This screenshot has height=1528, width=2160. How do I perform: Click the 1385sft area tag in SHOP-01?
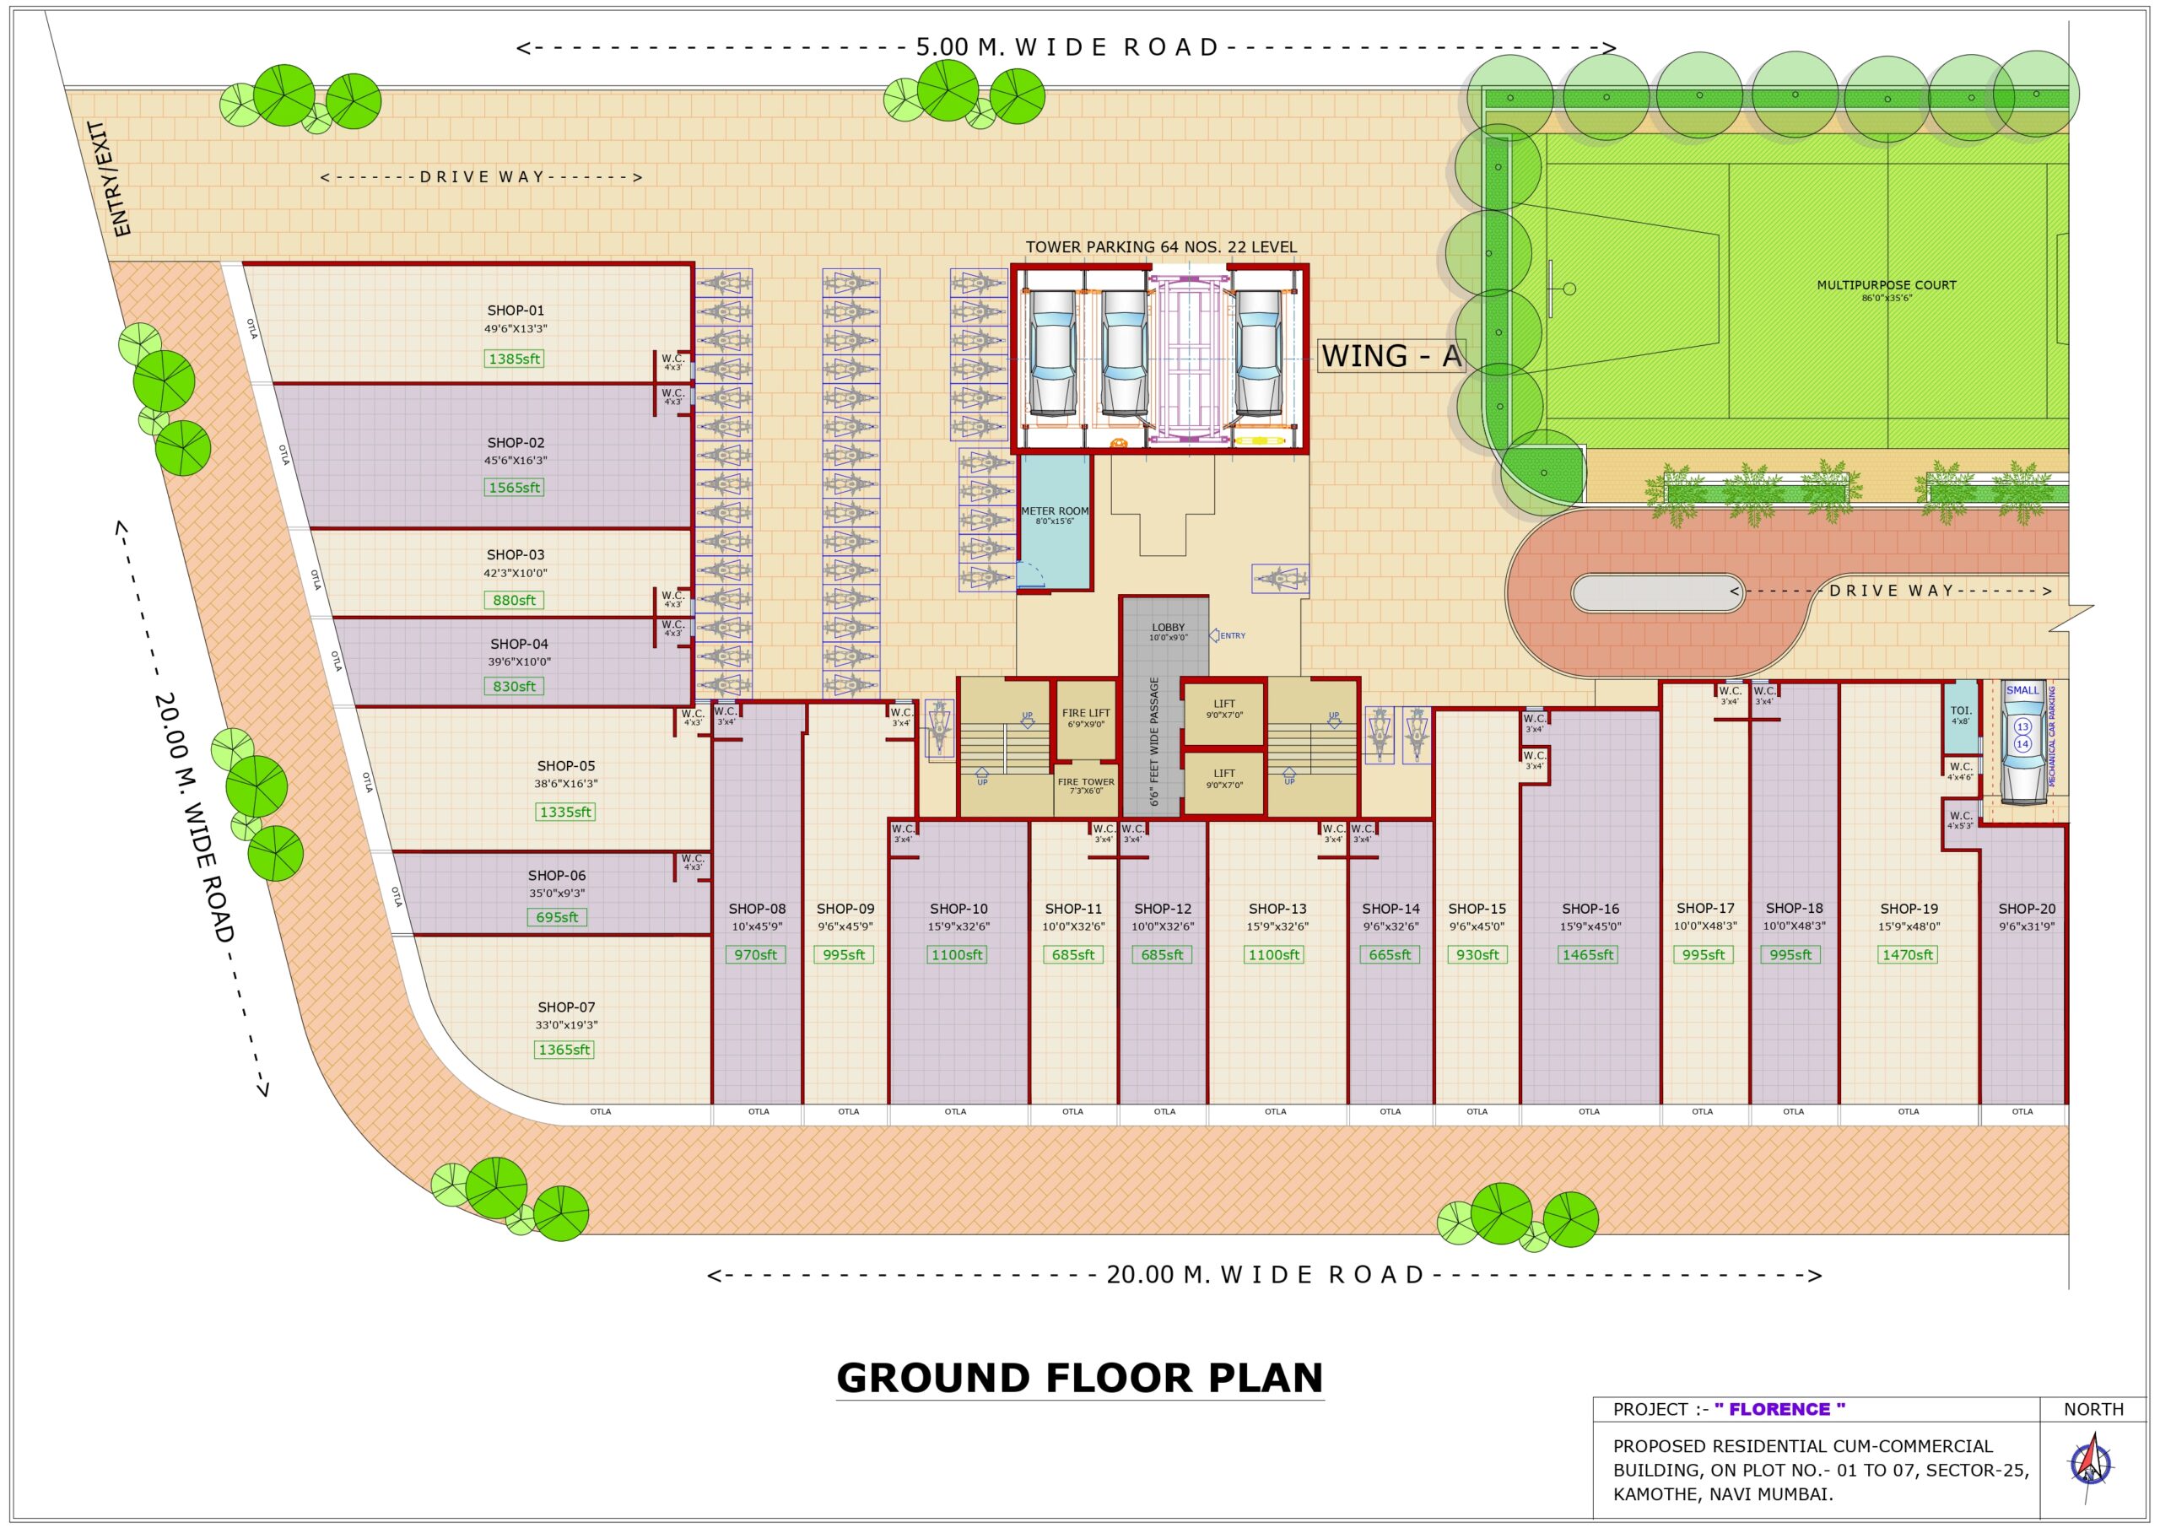click(x=514, y=359)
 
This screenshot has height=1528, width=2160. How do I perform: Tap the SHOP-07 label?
click(x=565, y=1007)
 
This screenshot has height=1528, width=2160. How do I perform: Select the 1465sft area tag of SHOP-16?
click(x=1588, y=954)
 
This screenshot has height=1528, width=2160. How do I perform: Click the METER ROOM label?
click(x=1054, y=512)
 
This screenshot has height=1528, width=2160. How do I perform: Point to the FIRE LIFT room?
click(x=1086, y=720)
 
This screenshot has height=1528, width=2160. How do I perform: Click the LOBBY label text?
click(x=1168, y=628)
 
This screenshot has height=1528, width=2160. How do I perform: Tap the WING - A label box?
click(x=1390, y=356)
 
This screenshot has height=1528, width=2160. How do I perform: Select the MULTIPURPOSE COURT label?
click(x=1887, y=285)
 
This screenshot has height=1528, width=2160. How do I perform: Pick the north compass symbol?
click(x=2092, y=1465)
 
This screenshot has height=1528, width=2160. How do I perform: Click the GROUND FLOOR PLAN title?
click(x=1079, y=1378)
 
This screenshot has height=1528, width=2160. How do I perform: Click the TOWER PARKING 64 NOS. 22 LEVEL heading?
click(x=1160, y=247)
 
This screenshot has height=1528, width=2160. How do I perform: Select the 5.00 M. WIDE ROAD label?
click(x=1066, y=47)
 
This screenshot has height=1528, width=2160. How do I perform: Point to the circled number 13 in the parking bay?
click(x=2022, y=726)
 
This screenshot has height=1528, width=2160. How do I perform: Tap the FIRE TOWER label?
click(x=1086, y=782)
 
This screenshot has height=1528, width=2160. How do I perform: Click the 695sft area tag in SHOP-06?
click(x=556, y=917)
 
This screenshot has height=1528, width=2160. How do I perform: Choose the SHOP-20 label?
click(x=2027, y=909)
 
